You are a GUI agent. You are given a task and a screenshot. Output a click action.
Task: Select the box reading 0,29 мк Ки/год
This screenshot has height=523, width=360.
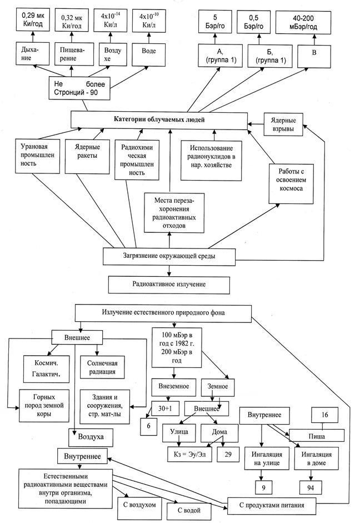31,20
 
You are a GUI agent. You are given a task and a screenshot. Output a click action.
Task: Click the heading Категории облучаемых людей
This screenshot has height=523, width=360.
158,119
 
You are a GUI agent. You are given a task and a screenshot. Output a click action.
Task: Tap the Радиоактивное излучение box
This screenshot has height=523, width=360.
169,284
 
